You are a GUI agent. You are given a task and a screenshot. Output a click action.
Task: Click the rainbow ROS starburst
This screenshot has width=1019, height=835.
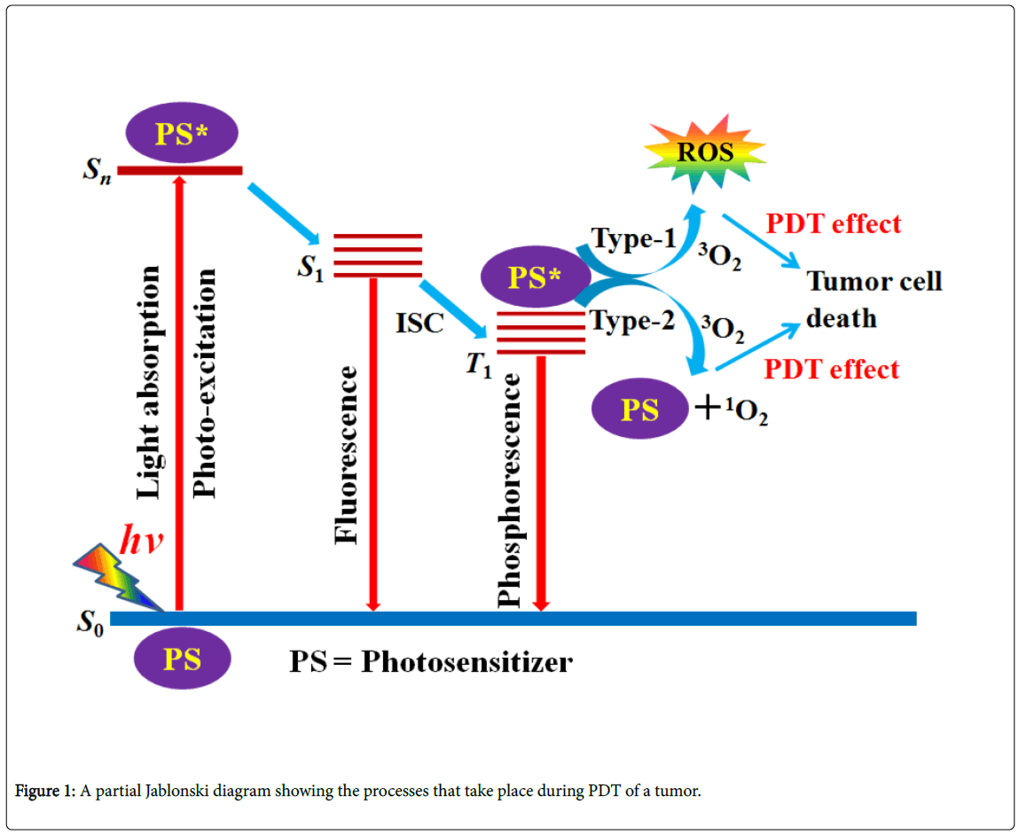[x=705, y=152]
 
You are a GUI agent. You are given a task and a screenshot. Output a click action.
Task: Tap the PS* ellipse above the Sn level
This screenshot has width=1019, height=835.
[x=182, y=133]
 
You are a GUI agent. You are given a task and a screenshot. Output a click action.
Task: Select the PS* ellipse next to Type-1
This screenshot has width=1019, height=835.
[x=534, y=277]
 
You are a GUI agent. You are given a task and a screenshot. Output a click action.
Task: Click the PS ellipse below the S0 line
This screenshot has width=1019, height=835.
[x=182, y=659]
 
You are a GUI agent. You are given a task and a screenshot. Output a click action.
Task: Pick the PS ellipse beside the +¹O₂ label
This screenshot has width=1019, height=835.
[x=639, y=410]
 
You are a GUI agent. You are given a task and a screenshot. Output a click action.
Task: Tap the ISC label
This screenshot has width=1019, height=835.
[x=419, y=323]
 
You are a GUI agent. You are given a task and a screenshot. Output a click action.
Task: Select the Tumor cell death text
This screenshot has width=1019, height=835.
[x=874, y=299]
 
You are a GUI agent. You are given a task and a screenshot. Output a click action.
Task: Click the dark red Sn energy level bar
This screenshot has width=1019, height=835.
[x=180, y=170]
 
